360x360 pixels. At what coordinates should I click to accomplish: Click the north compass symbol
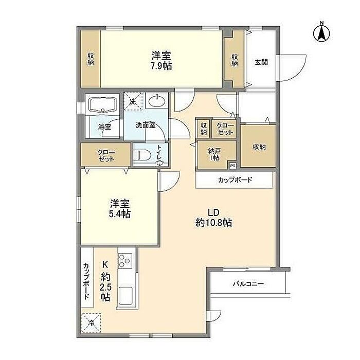point(321,32)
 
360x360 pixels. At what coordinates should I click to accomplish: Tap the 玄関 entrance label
point(261,62)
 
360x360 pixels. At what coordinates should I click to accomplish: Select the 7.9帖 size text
point(161,66)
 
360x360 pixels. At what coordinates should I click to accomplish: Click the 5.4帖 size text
point(120,214)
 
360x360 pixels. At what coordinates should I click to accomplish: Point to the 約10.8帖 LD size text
point(214,223)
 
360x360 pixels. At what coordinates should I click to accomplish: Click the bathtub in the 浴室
point(102,105)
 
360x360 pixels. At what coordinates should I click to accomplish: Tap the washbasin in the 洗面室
point(156,101)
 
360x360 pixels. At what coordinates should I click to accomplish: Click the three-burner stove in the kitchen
point(125,261)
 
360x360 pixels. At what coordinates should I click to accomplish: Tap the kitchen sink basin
point(125,296)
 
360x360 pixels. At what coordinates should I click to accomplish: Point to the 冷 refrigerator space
point(92,323)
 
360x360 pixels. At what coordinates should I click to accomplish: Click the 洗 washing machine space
point(133,102)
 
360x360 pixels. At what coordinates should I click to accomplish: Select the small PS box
point(232,166)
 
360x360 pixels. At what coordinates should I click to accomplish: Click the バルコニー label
point(248,284)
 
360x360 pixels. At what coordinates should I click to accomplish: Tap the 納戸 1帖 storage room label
point(214,154)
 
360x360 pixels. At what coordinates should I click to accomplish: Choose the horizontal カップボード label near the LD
point(235,180)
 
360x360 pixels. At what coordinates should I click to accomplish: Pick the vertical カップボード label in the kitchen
point(86,281)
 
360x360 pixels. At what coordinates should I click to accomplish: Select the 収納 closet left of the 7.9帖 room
point(91,59)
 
